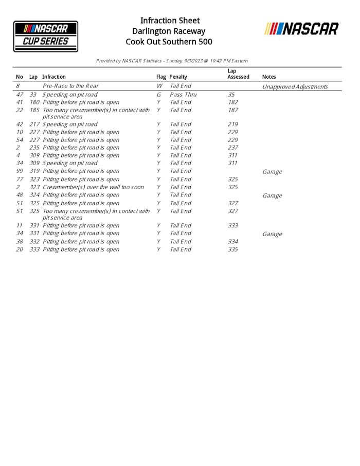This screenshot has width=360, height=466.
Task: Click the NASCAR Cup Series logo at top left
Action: pyautogui.click(x=46, y=36)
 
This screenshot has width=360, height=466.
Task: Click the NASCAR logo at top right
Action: pyautogui.click(x=302, y=29)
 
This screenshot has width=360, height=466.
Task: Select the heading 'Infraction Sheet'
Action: pyautogui.click(x=170, y=21)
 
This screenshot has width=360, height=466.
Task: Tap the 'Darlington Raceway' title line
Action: pyautogui.click(x=170, y=31)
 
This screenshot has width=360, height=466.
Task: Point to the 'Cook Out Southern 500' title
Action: pyautogui.click(x=169, y=42)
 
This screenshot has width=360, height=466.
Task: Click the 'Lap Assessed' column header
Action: pyautogui.click(x=238, y=74)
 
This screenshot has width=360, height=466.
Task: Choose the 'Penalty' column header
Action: pyautogui.click(x=178, y=77)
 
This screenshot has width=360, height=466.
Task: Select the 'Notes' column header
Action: pyautogui.click(x=269, y=77)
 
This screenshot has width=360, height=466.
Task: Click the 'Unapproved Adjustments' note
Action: pyautogui.click(x=295, y=86)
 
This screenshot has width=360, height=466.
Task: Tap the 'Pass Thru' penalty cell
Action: pyautogui.click(x=183, y=95)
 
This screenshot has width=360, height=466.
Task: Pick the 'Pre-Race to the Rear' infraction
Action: pyautogui.click(x=70, y=86)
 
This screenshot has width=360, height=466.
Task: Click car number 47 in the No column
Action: pyautogui.click(x=20, y=95)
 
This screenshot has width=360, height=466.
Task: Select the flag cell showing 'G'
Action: pyautogui.click(x=159, y=95)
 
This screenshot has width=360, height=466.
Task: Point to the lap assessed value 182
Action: pyautogui.click(x=232, y=102)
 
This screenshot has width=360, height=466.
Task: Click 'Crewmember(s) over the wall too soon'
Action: pyautogui.click(x=93, y=187)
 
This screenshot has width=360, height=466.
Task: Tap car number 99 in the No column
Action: pyautogui.click(x=20, y=171)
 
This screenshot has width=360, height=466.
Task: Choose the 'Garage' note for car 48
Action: pyautogui.click(x=272, y=195)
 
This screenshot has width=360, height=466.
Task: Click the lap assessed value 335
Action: pyautogui.click(x=232, y=249)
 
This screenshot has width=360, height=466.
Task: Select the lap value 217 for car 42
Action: pyautogui.click(x=34, y=124)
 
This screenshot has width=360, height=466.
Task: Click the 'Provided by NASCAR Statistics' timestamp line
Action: pyautogui.click(x=172, y=61)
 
